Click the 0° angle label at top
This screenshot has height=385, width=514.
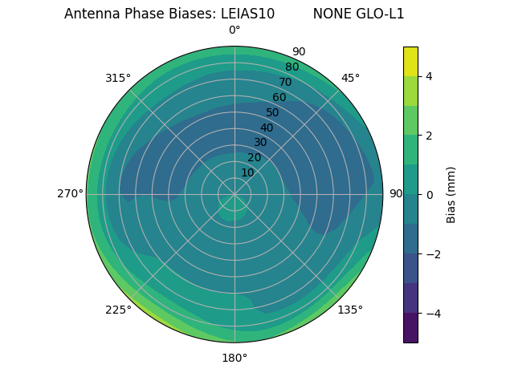[235, 30]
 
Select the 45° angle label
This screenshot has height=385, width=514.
[350, 78]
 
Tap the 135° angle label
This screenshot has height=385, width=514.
[350, 310]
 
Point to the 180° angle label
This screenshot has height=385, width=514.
[235, 358]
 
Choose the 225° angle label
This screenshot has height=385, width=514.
[118, 310]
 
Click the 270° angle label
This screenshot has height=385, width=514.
[70, 193]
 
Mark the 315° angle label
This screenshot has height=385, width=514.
[118, 78]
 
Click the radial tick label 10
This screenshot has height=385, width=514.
[247, 172]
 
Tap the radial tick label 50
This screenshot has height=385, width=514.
[272, 112]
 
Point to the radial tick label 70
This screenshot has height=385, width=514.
[285, 82]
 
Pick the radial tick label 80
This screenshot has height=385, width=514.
[292, 67]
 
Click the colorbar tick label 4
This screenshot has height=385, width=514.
[430, 76]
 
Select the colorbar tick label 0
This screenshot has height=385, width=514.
[430, 195]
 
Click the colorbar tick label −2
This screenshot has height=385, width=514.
[432, 254]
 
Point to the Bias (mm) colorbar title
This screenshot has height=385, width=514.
[451, 195]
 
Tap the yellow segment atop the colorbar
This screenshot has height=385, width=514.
[410, 61]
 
